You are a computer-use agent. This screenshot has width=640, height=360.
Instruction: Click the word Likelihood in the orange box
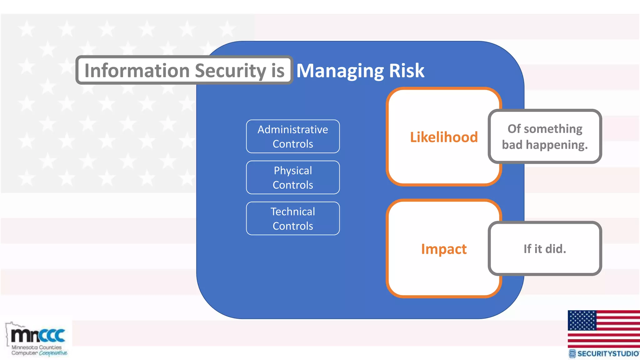(x=444, y=137)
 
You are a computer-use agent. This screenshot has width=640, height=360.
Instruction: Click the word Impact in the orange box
(x=444, y=249)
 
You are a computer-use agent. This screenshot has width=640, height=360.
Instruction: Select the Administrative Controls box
(x=293, y=137)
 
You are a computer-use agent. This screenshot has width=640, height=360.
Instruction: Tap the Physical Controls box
(x=293, y=177)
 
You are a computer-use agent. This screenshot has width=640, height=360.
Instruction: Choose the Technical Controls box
(x=293, y=218)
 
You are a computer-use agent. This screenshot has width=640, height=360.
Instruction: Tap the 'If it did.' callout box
(x=545, y=249)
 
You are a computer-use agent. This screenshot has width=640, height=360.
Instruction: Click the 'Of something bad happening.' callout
(x=545, y=137)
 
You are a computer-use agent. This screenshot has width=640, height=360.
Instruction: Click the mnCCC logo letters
(x=38, y=335)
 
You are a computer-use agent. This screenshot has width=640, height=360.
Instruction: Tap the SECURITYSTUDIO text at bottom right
(x=608, y=354)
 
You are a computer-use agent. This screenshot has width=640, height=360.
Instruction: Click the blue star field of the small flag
(x=582, y=320)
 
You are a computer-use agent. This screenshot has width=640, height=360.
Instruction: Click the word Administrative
(x=293, y=129)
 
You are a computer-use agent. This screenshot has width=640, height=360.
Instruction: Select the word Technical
(x=293, y=212)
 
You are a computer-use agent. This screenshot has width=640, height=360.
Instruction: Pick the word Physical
(x=293, y=171)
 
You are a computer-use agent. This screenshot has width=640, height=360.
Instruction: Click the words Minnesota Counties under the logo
(x=37, y=347)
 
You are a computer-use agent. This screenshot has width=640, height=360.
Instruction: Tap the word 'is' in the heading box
(x=278, y=71)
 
